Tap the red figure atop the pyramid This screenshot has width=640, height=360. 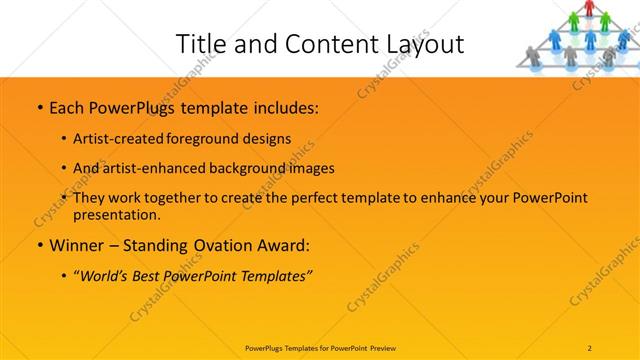[590, 9]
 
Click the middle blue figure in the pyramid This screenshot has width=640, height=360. [590, 38]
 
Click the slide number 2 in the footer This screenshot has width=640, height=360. [590, 348]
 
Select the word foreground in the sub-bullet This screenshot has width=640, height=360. [210, 138]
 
